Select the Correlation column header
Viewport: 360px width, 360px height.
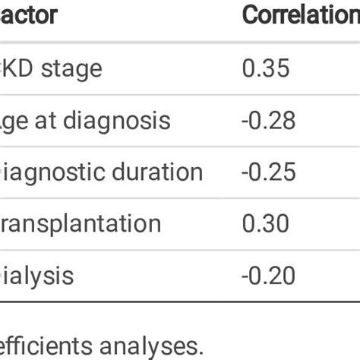pos(300,14)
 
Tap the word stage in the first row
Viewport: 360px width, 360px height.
pos(73,68)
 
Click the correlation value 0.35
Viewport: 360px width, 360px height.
pos(265,68)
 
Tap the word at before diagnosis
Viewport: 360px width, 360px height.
pos(46,121)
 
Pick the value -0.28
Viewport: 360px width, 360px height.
pos(270,121)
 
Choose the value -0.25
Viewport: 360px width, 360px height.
pos(270,172)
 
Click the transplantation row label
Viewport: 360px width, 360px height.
pos(80,223)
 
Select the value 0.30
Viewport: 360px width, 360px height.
pos(265,223)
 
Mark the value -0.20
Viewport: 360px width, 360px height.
pos(270,275)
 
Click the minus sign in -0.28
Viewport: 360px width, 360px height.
pos(247,122)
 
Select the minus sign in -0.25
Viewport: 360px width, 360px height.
pos(247,172)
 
